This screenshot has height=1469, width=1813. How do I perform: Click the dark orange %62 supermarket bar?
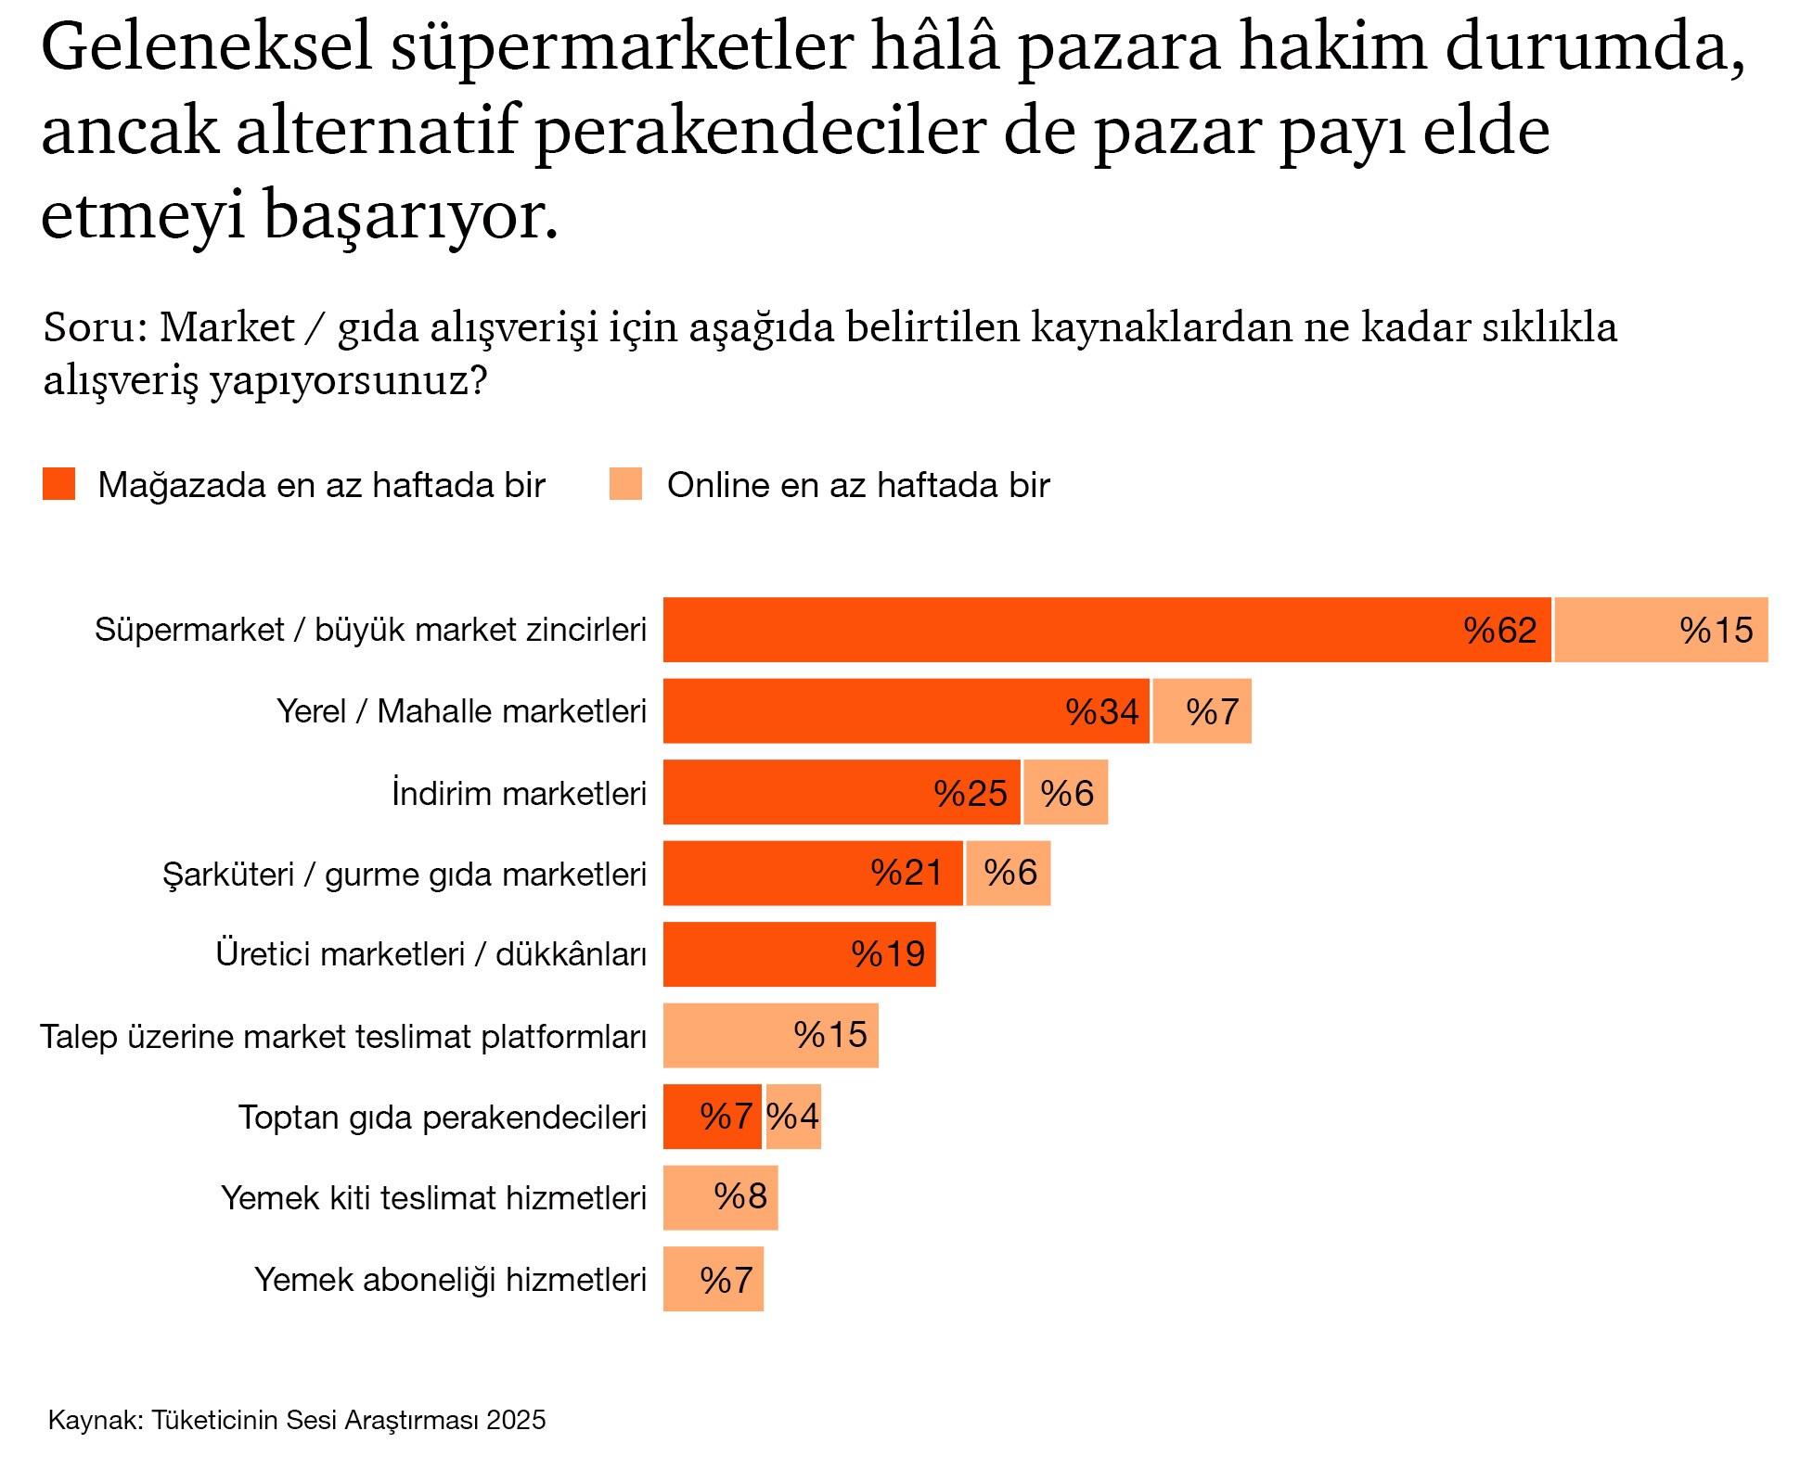(1106, 630)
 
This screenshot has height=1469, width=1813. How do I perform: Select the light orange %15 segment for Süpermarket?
(1661, 630)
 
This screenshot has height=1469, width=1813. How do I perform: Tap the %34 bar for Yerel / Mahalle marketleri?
(906, 711)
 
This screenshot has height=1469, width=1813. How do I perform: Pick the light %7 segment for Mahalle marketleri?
(1202, 711)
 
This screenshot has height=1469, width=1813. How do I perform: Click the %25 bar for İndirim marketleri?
(841, 793)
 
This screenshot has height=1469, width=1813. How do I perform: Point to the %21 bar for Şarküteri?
(813, 874)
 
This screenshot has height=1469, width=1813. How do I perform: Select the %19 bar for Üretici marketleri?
(799, 954)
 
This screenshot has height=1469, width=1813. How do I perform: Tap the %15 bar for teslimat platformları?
(770, 1036)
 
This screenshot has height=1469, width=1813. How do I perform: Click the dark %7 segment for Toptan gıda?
(712, 1117)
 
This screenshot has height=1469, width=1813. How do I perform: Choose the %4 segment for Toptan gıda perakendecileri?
(793, 1117)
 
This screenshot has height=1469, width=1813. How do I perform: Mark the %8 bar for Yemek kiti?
(720, 1197)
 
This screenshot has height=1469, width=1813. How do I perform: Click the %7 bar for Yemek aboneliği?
(713, 1280)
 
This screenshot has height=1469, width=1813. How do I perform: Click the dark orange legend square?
(58, 484)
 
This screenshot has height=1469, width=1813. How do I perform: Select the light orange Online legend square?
(625, 484)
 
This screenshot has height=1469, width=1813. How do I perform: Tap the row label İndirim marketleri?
(519, 794)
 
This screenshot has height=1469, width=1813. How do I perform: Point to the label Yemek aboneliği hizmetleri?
(450, 1280)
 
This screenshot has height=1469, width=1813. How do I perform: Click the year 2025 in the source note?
(516, 1420)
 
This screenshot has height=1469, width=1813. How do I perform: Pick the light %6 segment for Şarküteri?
(1008, 874)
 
